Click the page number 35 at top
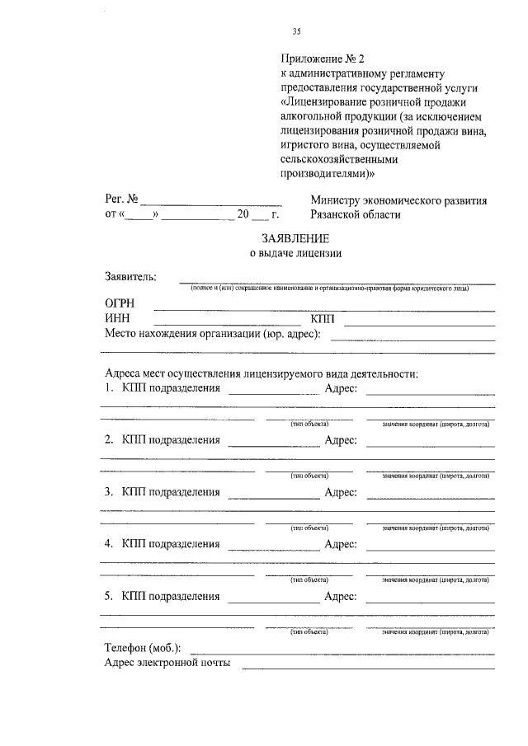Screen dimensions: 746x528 pos(296,32)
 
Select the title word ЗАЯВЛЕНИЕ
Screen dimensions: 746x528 pos(295,238)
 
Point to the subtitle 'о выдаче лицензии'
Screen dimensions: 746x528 pos(295,254)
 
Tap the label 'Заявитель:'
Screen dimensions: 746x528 pos(131,276)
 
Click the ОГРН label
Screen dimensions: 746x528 pos(120,304)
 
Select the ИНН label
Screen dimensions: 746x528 pos(117,318)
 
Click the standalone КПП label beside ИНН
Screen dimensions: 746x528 pos(323,318)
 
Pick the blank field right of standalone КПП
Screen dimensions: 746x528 pos(419,320)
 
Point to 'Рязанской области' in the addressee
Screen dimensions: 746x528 pos(356,214)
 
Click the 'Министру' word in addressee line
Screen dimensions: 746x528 pos(338,200)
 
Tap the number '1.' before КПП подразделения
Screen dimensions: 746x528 pos(109,387)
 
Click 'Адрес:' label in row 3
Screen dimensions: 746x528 pos(341,492)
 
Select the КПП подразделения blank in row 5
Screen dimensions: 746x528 pos(273,598)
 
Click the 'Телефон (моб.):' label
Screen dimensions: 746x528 pos(142,648)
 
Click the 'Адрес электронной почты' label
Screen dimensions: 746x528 pos(167,662)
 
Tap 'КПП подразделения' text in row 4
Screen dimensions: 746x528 pos(171,544)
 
